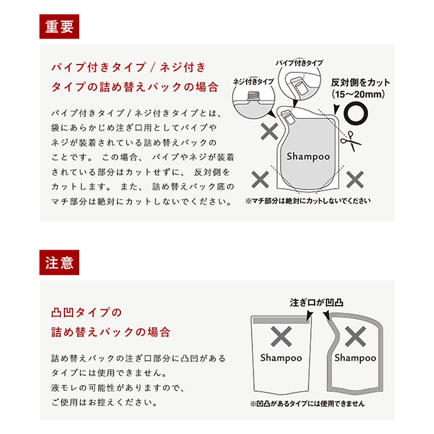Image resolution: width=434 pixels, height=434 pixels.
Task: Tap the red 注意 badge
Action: [59, 263]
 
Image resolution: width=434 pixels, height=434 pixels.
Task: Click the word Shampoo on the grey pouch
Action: [308, 156]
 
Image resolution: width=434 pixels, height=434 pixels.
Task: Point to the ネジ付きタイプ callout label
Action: [253, 81]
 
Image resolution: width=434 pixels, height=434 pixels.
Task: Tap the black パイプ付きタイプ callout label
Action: [299, 63]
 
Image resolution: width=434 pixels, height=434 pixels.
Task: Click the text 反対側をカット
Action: [361, 82]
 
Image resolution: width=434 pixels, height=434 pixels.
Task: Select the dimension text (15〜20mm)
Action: [361, 95]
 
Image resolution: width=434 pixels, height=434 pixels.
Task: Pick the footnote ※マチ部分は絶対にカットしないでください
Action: [307, 201]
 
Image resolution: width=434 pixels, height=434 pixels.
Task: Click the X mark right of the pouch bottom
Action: [356, 178]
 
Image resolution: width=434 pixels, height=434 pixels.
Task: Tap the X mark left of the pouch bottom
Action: [260, 178]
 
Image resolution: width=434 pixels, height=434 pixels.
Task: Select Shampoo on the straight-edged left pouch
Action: [281, 358]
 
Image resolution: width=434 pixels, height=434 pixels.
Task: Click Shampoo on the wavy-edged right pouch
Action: [355, 358]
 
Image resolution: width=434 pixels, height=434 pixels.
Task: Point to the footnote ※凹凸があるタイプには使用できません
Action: [307, 404]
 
